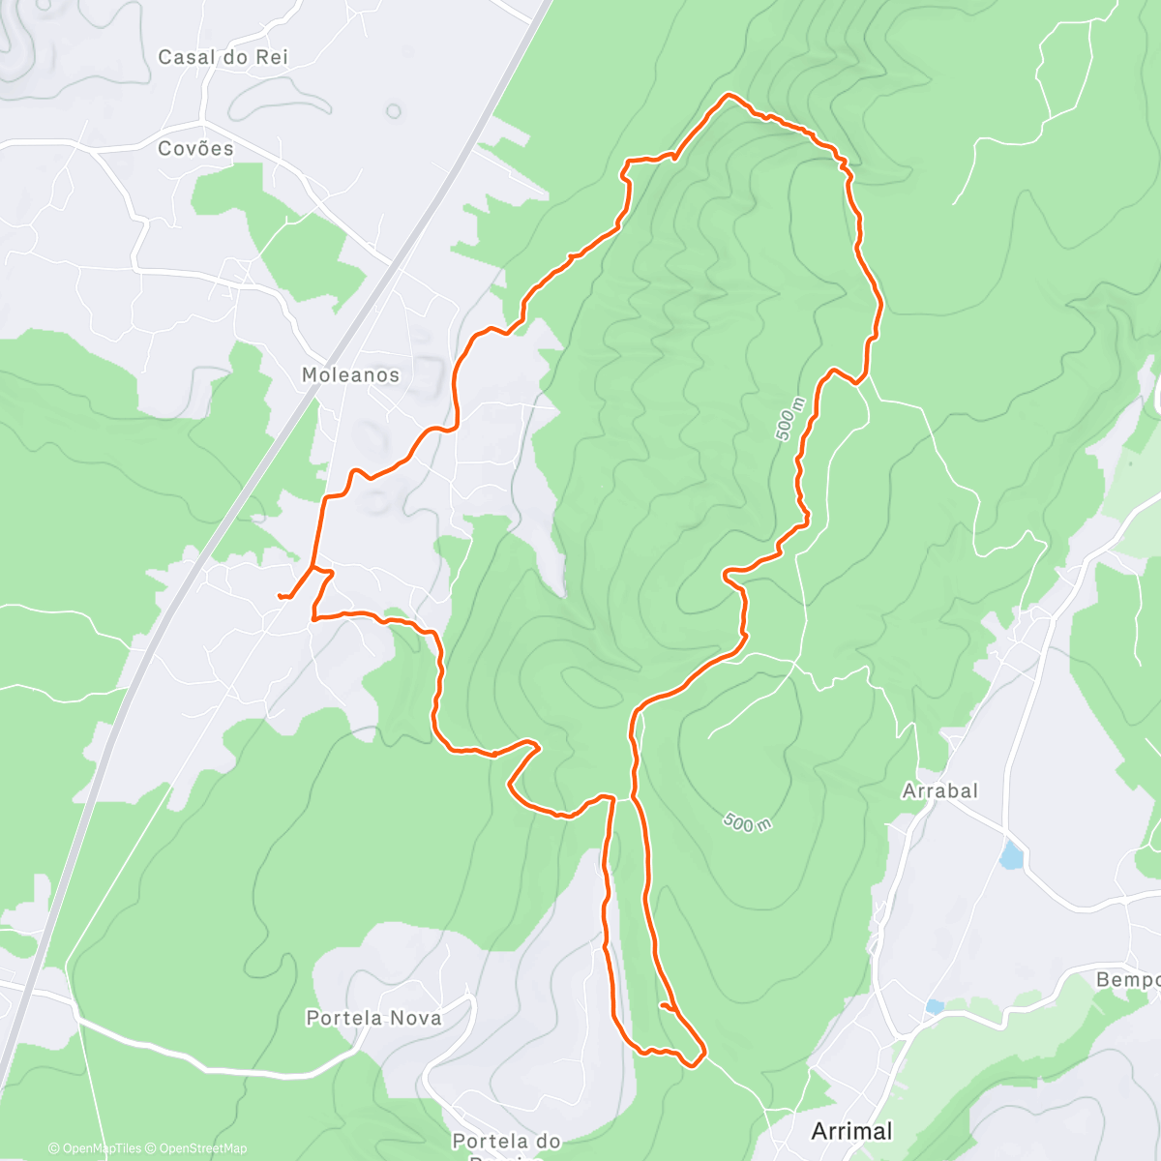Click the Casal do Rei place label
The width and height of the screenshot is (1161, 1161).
pos(223,58)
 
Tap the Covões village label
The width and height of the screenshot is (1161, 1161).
pos(196,149)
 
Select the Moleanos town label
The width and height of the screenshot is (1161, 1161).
pos(350,375)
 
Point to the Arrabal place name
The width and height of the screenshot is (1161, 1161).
pos(939,791)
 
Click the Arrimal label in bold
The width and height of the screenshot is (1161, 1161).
pos(851,1131)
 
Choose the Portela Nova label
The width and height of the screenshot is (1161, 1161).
pos(373,1018)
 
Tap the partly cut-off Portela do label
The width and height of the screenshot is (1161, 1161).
pos(506,1142)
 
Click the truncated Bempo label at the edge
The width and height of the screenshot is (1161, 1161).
pos(1128,980)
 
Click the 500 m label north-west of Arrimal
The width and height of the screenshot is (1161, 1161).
pos(747,823)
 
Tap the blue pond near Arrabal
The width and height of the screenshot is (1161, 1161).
pos(1012,855)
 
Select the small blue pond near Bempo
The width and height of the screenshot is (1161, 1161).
pos(934,1007)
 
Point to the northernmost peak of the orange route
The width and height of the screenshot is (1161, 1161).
pos(729,95)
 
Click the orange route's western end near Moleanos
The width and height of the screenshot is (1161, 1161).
pos(280,596)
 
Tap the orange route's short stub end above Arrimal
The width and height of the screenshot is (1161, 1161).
pos(662,1006)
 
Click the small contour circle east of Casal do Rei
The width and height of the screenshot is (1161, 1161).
pos(394,111)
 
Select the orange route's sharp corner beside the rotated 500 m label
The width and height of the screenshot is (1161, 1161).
pos(858,382)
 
